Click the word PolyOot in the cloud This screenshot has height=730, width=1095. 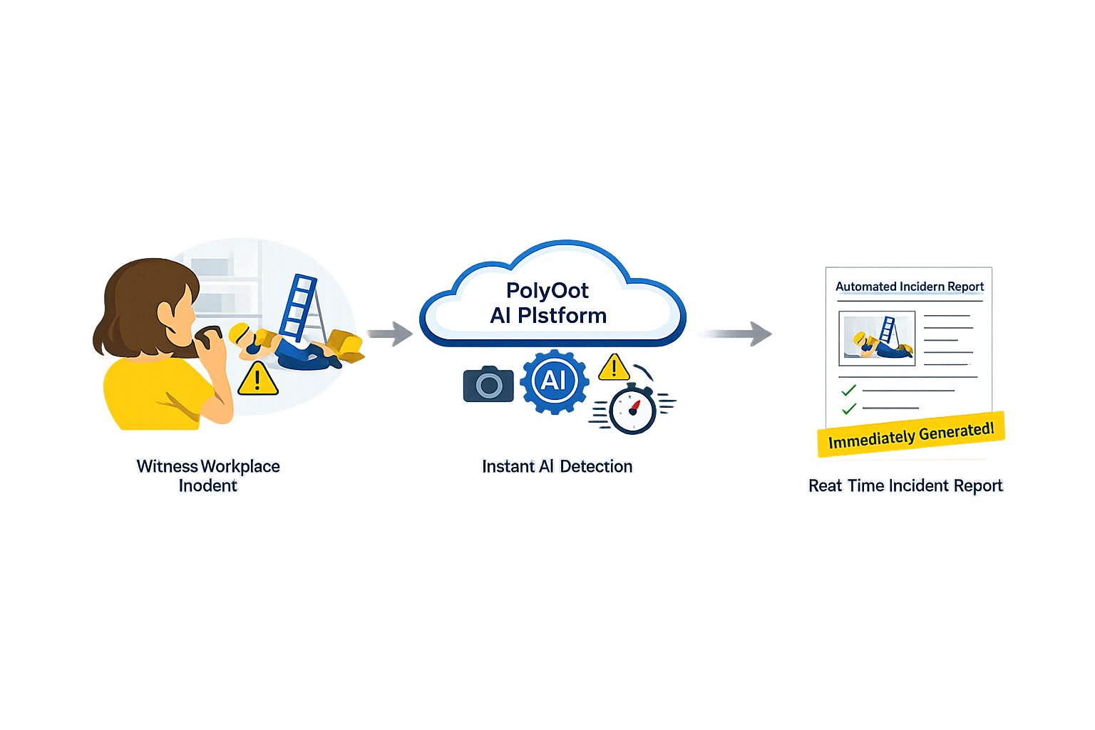tap(547, 291)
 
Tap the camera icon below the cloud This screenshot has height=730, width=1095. tap(488, 385)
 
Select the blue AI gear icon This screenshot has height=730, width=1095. tap(554, 381)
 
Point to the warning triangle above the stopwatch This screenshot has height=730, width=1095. tap(613, 368)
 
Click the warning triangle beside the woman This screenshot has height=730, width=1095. tap(257, 379)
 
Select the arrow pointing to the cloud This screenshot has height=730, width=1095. tap(390, 333)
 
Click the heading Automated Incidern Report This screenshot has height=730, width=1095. tap(909, 287)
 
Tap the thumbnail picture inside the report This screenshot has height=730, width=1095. tap(877, 338)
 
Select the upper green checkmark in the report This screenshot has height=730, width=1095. tap(848, 390)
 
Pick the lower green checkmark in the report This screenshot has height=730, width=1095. tap(848, 408)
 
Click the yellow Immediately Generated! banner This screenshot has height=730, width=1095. tap(910, 435)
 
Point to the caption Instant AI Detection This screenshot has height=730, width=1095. tap(557, 466)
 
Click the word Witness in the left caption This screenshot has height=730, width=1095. tap(167, 466)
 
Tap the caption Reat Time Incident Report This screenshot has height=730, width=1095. tap(905, 485)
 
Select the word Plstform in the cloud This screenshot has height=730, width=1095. tap(562, 316)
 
